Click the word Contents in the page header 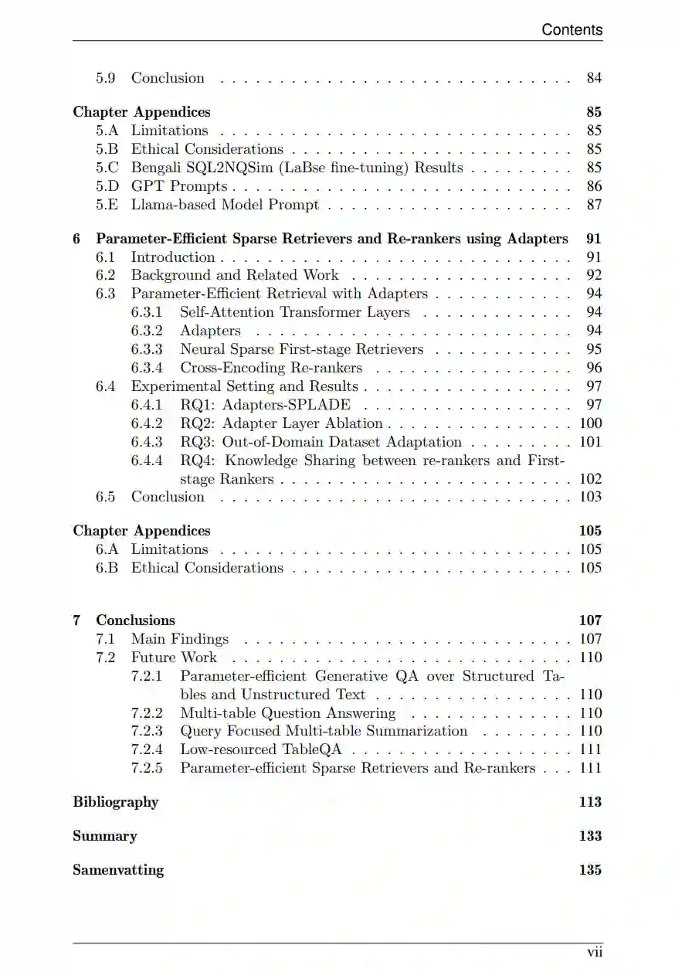pos(572,29)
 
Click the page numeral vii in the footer pos(594,953)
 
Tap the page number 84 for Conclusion pos(594,78)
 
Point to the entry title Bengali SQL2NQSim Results pos(297,168)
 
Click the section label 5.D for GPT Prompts pos(107,186)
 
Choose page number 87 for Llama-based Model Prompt pos(594,205)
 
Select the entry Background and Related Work pos(235,275)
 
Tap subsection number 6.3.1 pos(147,312)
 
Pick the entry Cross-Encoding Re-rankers pos(271,368)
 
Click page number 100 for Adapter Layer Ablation pos(591,423)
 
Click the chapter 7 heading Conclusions pos(135,620)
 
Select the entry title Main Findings pos(180,639)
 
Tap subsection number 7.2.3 pos(147,731)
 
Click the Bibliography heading pos(115,802)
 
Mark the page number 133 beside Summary pos(590,836)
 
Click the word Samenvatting pos(118,870)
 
